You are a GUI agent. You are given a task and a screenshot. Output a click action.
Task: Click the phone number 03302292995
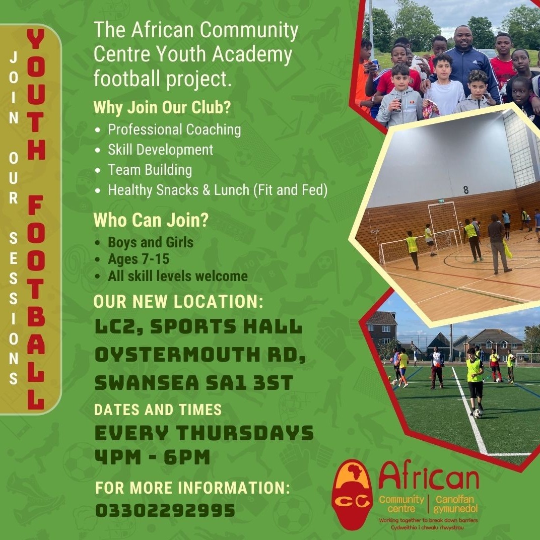point(165,510)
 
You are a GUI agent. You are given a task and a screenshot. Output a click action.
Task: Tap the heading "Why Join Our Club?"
point(162,107)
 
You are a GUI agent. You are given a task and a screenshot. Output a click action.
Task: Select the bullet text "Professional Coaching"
point(174,130)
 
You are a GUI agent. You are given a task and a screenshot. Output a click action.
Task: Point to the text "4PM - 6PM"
point(152,457)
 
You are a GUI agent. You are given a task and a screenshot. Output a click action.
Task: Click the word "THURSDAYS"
point(245,433)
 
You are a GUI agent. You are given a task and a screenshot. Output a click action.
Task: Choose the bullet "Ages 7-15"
point(139,259)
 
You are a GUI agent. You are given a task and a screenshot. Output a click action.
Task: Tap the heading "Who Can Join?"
point(151,220)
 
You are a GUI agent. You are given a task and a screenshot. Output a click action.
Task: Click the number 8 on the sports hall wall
point(466,190)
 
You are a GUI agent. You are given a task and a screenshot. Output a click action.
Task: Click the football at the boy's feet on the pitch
point(478,414)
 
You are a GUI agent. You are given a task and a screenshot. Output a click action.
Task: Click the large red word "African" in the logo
point(429,475)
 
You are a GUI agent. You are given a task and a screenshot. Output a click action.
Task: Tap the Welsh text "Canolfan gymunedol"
point(455,504)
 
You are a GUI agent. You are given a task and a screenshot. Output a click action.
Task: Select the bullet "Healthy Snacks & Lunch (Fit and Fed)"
point(217,190)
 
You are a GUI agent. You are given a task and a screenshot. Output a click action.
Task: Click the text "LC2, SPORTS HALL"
point(198,326)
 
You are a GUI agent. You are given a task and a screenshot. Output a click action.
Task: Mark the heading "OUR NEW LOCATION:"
point(178,301)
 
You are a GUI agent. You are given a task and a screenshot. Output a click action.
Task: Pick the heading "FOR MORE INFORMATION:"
point(192,488)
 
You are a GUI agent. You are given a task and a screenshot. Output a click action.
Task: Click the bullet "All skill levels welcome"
point(178,276)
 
